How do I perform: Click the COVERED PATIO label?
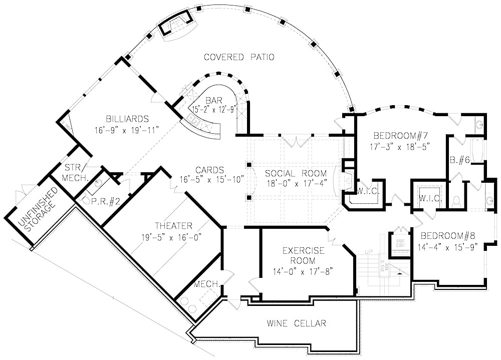pyautogui.click(x=239, y=57)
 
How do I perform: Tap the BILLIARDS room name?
pyautogui.click(x=127, y=119)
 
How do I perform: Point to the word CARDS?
pyautogui.click(x=209, y=170)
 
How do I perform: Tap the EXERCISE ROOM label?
pyautogui.click(x=299, y=255)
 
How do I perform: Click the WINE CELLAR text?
pyautogui.click(x=296, y=323)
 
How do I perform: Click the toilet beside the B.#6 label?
pyautogui.click(x=457, y=201)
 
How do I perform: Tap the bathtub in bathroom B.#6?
pyautogui.click(x=477, y=150)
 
